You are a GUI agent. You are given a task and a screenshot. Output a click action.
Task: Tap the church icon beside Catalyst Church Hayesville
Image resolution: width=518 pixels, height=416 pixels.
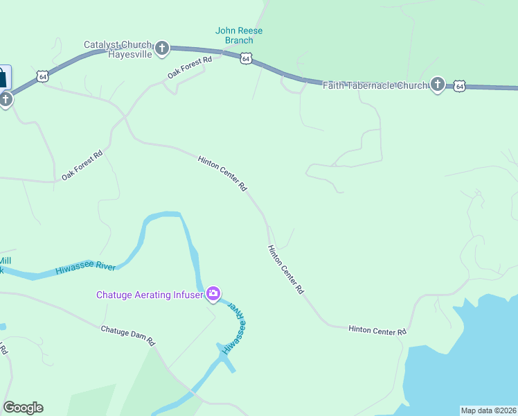click(x=162, y=48)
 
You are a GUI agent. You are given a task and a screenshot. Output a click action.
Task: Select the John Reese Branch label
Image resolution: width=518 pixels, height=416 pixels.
click(x=239, y=35)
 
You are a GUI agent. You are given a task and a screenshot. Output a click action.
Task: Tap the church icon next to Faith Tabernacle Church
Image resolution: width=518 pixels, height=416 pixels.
click(x=437, y=85)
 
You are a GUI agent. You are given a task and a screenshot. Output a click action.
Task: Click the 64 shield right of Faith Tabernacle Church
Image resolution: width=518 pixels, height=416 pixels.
click(x=459, y=86)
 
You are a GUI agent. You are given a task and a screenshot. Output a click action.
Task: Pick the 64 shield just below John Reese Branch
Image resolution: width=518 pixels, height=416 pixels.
click(x=246, y=59)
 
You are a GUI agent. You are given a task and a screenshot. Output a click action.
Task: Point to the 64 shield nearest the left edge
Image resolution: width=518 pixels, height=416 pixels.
click(x=43, y=77)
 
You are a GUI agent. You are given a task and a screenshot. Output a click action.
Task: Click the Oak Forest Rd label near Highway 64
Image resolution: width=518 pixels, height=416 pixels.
click(x=189, y=68)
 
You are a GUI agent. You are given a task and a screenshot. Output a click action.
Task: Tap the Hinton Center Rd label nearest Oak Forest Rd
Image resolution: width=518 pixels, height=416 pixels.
click(x=222, y=173)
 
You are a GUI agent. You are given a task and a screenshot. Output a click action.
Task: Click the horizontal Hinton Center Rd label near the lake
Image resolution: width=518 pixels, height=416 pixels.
click(x=377, y=331)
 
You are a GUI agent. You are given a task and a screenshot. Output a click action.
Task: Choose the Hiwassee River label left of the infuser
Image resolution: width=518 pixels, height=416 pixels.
click(x=84, y=267)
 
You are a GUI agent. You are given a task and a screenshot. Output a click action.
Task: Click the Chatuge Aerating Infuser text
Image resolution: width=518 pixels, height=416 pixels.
click(x=149, y=295)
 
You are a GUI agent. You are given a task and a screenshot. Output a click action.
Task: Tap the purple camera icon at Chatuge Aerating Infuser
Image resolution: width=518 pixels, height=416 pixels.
click(x=213, y=294)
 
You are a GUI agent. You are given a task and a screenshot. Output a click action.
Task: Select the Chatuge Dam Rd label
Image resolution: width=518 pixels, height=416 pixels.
click(x=127, y=336)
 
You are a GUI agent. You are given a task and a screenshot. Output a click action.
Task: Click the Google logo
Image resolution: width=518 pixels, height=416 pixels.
click(x=23, y=408)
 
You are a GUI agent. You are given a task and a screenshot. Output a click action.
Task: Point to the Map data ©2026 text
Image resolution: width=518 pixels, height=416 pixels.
click(x=488, y=410)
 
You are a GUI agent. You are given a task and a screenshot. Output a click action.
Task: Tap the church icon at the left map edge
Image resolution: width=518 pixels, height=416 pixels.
click(x=6, y=99)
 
